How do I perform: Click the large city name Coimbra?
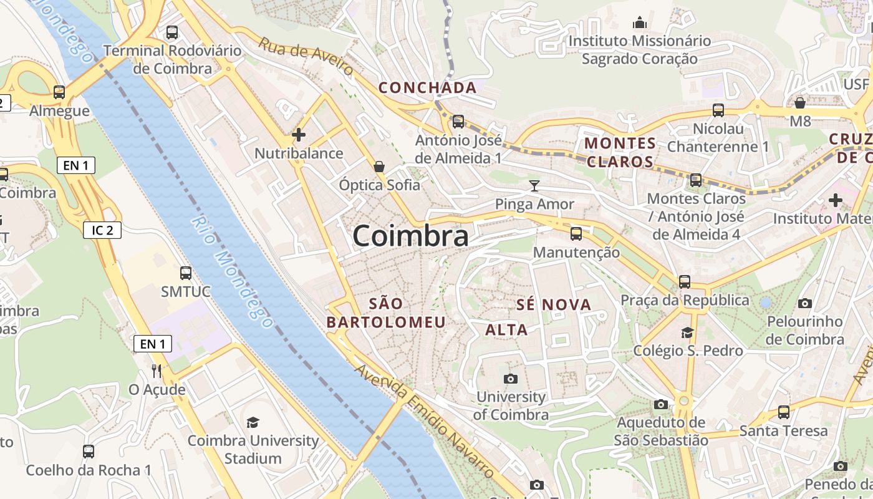[410, 236]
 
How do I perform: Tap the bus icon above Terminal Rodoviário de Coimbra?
[172, 32]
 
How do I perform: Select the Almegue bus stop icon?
[59, 92]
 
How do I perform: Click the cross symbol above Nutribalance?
[299, 134]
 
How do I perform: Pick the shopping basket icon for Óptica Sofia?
[379, 167]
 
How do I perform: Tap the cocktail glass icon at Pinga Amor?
[534, 185]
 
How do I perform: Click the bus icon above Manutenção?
[576, 234]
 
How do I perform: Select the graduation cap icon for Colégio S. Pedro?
[687, 332]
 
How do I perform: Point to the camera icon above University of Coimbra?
[510, 379]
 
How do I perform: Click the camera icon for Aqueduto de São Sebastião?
[661, 405]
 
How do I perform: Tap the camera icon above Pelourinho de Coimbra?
[805, 304]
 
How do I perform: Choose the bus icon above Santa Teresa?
[784, 412]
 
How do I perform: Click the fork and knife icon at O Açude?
[157, 371]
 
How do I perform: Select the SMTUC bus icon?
[186, 273]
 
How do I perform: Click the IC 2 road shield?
[102, 230]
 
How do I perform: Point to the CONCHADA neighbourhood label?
[428, 88]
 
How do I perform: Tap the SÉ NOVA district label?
[554, 305]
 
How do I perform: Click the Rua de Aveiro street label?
[306, 56]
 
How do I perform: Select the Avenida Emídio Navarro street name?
[424, 422]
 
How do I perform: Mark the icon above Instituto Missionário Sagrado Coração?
[640, 23]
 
